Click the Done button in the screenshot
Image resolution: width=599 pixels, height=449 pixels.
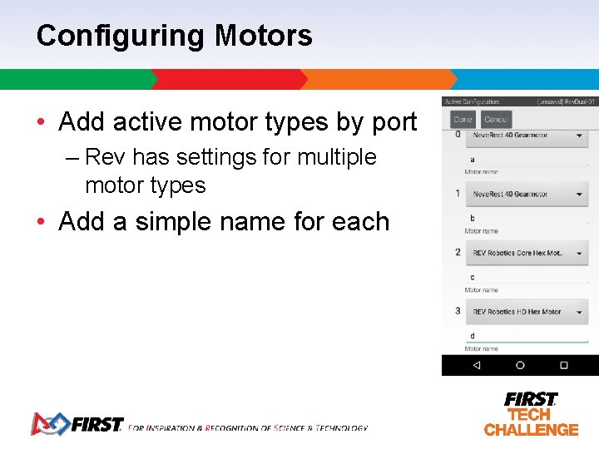463,120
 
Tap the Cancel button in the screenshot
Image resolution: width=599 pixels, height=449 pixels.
497,120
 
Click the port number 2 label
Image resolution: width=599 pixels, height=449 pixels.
458,252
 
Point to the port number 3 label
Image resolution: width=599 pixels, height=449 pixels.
458,311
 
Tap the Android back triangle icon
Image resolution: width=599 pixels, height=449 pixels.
476,365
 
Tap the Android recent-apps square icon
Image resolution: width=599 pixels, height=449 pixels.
563,365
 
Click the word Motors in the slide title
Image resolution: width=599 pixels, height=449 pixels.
263,36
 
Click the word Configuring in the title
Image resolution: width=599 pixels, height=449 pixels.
121,36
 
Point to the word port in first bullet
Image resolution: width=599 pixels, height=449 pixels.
394,122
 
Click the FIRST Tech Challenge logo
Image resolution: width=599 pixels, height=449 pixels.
531,414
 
